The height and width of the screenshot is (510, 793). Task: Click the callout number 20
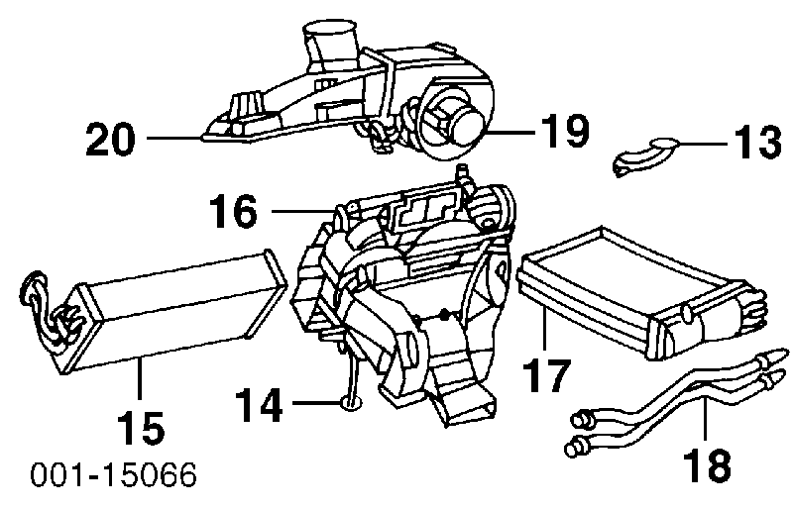111,139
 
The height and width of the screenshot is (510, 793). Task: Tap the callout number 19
564,131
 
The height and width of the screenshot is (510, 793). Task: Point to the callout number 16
234,211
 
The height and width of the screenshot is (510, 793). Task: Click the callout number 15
141,427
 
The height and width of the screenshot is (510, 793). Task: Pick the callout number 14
259,405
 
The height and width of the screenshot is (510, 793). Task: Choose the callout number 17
546,375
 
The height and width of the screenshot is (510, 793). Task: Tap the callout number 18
707,464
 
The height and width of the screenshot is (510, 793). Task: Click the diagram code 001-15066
113,475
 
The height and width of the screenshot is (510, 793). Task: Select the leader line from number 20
174,138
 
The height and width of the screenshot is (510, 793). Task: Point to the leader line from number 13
704,144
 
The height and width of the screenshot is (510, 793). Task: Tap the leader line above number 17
544,329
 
